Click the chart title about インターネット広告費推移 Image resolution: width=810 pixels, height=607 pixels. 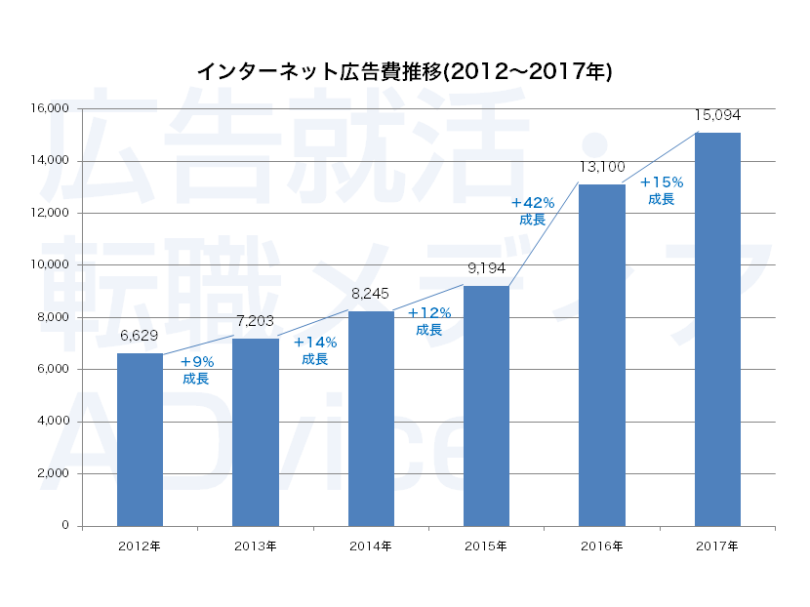pos(404,72)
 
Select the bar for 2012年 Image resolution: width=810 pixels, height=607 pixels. pos(140,439)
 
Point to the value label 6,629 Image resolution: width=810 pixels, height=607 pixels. pos(141,337)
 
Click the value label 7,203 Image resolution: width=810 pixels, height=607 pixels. pos(256,321)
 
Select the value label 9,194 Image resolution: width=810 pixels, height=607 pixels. pos(486,268)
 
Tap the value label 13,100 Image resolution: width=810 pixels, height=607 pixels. pos(602,167)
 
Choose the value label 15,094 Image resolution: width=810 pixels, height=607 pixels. pos(717,115)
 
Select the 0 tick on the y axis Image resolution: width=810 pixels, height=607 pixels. pos(65,526)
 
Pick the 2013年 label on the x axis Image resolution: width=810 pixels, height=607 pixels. pos(256,545)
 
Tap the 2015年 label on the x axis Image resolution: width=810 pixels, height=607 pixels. pos(486,545)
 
